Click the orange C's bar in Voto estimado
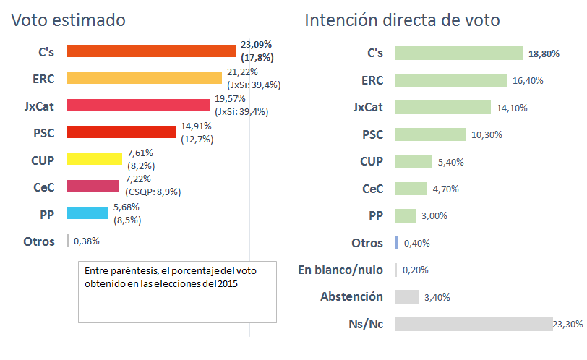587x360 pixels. click(151, 51)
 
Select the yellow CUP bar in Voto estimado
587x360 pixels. click(94, 159)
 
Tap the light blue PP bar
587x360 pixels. click(87, 213)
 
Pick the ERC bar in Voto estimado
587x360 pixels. click(144, 78)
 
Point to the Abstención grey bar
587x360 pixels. click(408, 296)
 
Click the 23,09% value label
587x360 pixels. click(257, 45)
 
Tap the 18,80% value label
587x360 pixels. click(544, 53)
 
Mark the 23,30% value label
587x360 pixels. click(567, 325)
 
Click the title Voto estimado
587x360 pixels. click(68, 20)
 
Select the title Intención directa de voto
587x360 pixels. click(402, 20)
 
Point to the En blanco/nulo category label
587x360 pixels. click(340, 270)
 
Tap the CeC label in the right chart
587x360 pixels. click(372, 189)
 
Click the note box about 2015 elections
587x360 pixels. click(177, 291)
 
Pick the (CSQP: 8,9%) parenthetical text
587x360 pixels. click(153, 192)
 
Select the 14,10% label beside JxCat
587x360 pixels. click(512, 108)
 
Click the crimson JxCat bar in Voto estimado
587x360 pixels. click(138, 105)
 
